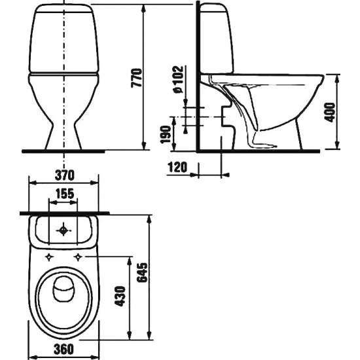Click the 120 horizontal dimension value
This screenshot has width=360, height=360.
[x=177, y=168]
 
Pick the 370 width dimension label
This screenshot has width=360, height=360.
[x=62, y=175]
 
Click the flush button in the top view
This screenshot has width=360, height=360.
[x=63, y=231]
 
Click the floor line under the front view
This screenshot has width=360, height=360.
[x=63, y=151]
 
